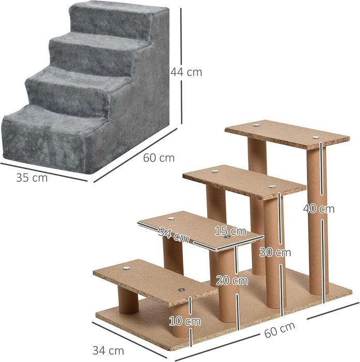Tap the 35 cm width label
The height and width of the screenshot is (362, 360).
point(32,178)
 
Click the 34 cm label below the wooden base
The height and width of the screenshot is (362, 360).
point(108,351)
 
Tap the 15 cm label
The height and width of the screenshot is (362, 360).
point(231,230)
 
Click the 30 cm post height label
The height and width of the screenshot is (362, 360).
point(275,252)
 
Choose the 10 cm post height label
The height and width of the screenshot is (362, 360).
point(185,321)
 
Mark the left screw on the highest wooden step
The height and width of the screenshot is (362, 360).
point(257,125)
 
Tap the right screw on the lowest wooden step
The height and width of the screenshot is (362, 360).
point(181,291)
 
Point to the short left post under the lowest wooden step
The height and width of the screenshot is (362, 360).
point(128,300)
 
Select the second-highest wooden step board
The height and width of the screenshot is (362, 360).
point(243,181)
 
